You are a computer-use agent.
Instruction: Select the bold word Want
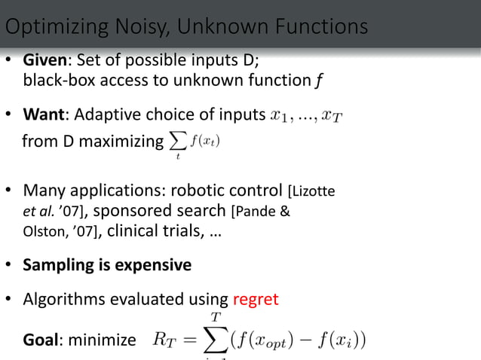point(44,115)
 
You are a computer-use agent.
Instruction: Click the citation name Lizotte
point(313,191)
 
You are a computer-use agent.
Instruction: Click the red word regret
point(256,299)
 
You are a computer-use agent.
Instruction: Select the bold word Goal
point(41,340)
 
